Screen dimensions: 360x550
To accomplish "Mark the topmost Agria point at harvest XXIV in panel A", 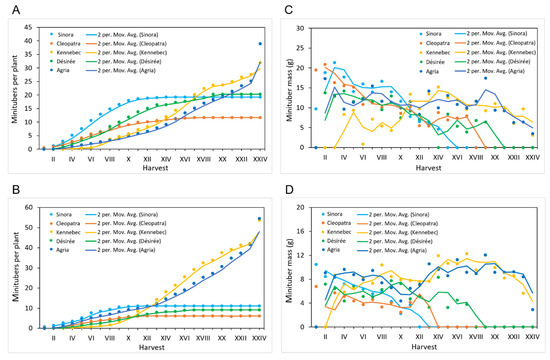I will [x=260, y=43].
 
